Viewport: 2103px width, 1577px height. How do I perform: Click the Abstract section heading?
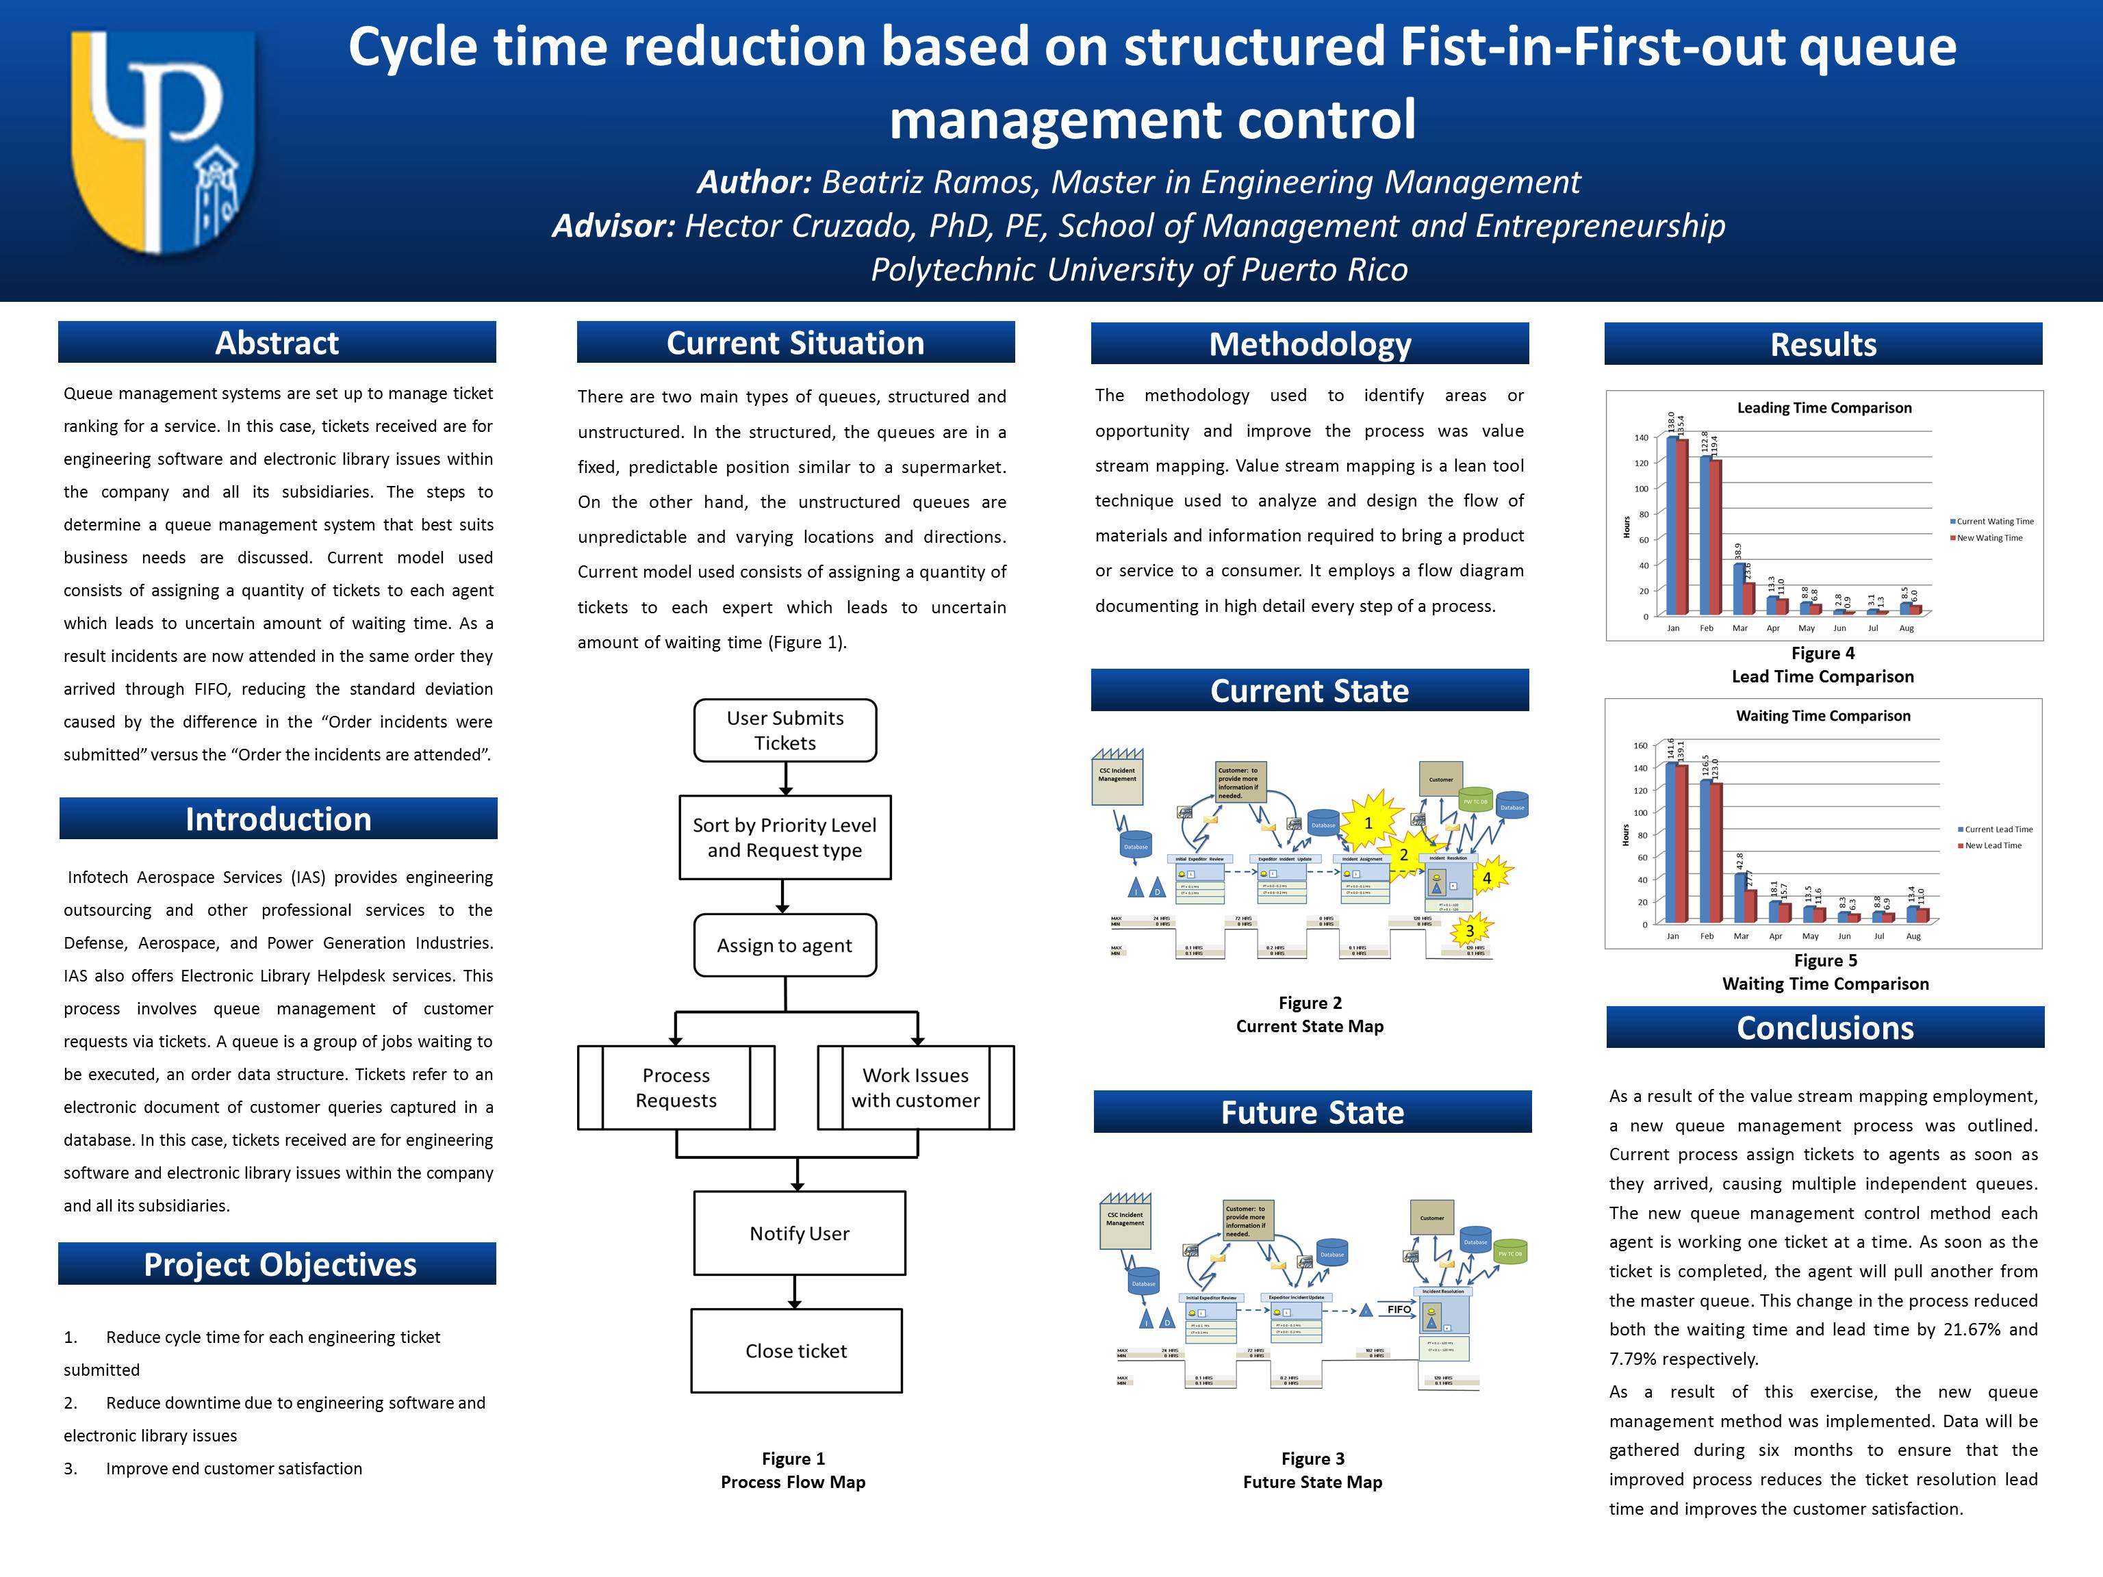[277, 342]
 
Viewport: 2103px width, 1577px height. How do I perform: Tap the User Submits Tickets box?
[785, 731]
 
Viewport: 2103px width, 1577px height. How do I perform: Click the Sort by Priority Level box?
[785, 838]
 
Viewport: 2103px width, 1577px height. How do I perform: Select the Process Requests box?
[676, 1088]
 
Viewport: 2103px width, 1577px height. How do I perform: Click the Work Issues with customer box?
[915, 1088]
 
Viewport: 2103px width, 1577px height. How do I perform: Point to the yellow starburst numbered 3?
[1470, 931]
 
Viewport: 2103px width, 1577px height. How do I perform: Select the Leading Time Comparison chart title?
[1824, 408]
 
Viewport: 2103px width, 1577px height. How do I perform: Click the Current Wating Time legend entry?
[1995, 522]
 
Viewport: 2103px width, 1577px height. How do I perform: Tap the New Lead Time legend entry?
[1993, 846]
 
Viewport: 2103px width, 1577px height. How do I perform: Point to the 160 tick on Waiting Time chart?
[1640, 746]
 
